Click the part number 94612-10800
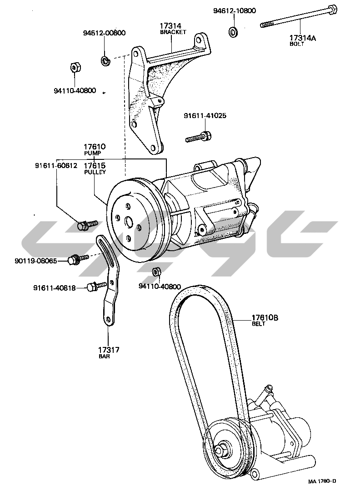pos(234,10)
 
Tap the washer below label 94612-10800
pos(234,32)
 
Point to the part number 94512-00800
pos(104,33)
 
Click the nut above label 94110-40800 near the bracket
pos(75,68)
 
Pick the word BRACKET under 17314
pos(171,33)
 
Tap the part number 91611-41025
pos(205,116)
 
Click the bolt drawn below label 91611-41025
pos(199,137)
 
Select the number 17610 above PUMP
pos(94,147)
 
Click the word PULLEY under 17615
pos(95,173)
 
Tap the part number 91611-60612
pos(56,165)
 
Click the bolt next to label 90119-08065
pos(73,260)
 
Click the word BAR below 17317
pos(104,356)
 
